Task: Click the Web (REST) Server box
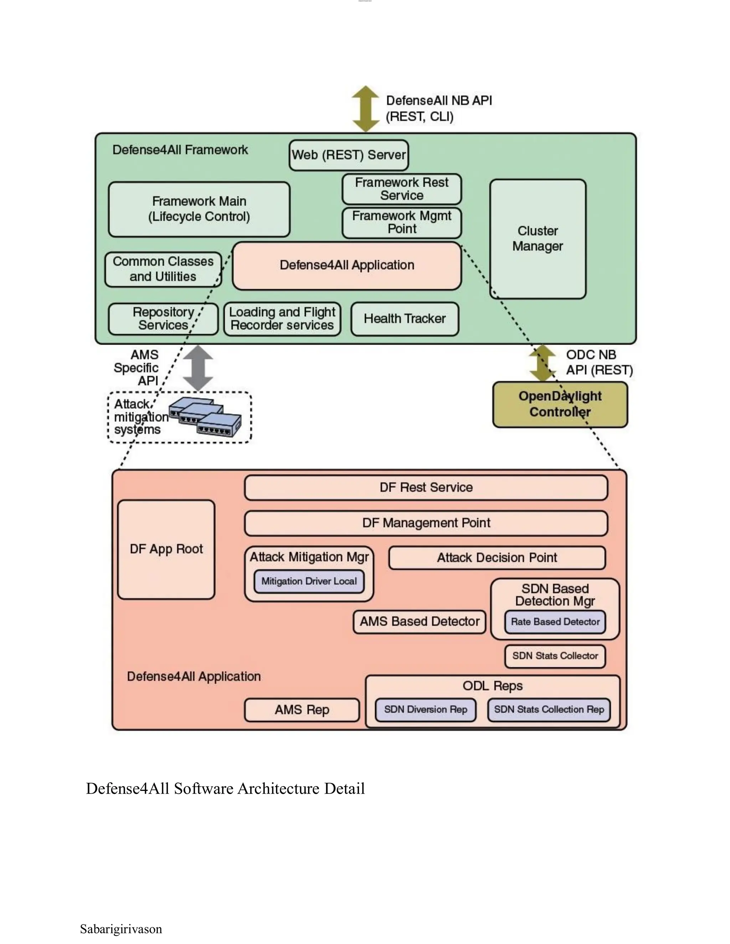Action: click(349, 155)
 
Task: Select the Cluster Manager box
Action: click(538, 239)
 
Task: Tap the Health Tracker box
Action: click(404, 319)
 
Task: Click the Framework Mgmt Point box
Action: click(401, 223)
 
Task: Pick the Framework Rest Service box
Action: click(401, 189)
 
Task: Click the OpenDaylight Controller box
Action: click(560, 404)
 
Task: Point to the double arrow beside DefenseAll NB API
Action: click(365, 109)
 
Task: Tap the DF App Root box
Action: click(166, 549)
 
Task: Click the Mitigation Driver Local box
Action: click(309, 581)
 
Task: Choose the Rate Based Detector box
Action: click(555, 622)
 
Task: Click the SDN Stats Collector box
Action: click(555, 656)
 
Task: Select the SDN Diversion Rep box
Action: click(425, 710)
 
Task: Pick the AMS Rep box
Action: click(302, 710)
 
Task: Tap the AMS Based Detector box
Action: click(419, 622)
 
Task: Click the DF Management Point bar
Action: click(426, 523)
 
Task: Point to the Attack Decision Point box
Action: click(497, 557)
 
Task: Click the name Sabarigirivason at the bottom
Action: click(121, 929)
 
